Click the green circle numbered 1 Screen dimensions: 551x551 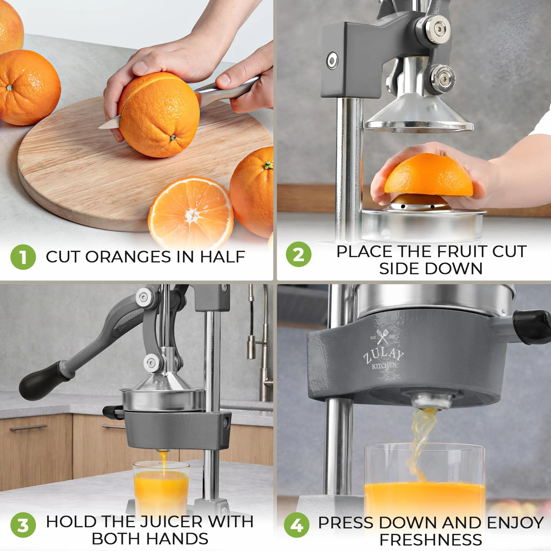tap(23, 257)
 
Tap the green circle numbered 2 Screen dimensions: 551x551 tap(299, 254)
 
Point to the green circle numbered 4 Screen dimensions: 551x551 tap(297, 525)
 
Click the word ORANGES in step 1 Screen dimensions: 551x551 tap(128, 257)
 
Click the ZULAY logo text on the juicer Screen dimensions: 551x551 tap(383, 356)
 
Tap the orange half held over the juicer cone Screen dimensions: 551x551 tap(428, 175)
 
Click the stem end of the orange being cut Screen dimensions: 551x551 tap(173, 138)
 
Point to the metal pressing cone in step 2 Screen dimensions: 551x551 tap(419, 114)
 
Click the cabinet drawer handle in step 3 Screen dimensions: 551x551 tap(28, 428)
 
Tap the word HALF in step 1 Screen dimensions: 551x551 tap(222, 257)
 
